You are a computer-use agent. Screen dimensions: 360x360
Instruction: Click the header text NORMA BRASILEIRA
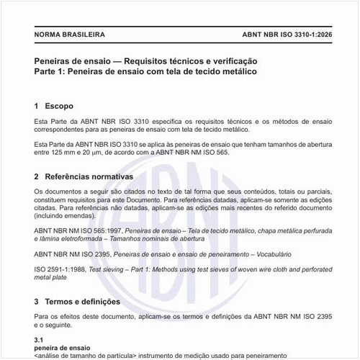(70, 34)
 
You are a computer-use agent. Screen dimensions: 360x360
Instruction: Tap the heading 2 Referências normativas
(84, 176)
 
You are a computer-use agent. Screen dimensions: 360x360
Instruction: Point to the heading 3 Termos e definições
(77, 302)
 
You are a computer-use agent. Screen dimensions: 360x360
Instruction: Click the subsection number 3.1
(40, 338)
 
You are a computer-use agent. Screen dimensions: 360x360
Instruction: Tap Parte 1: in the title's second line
(52, 73)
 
